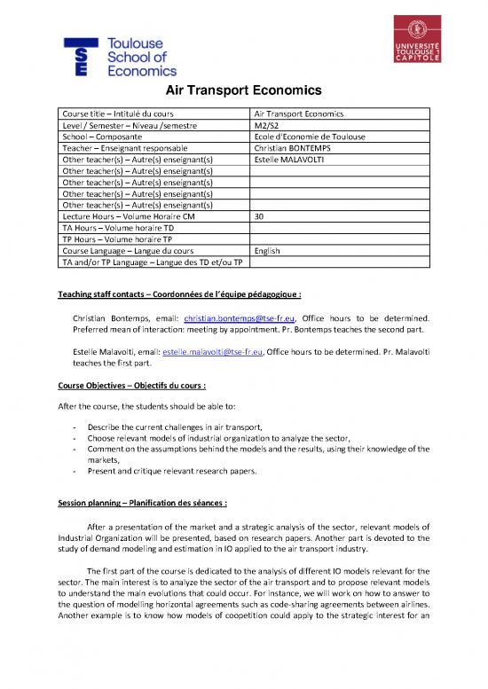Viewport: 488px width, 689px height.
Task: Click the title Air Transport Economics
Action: click(243, 92)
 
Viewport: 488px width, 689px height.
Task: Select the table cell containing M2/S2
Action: click(265, 126)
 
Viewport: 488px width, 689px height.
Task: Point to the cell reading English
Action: click(267, 251)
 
